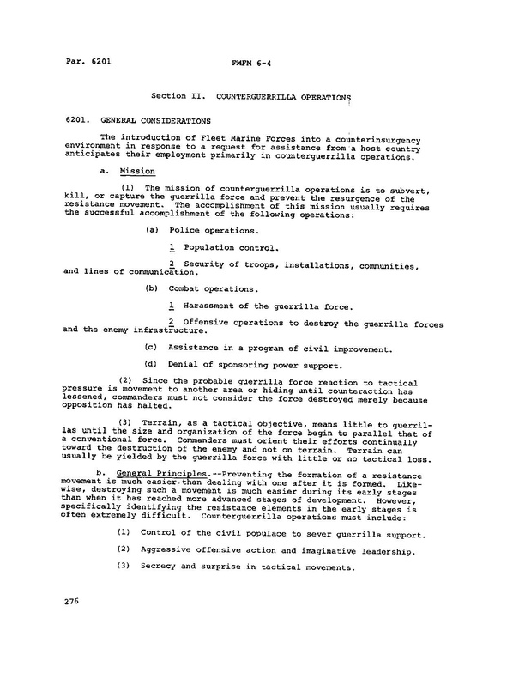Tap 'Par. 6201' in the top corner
pos(88,62)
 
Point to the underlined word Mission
pos(137,170)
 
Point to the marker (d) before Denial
pos(151,364)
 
